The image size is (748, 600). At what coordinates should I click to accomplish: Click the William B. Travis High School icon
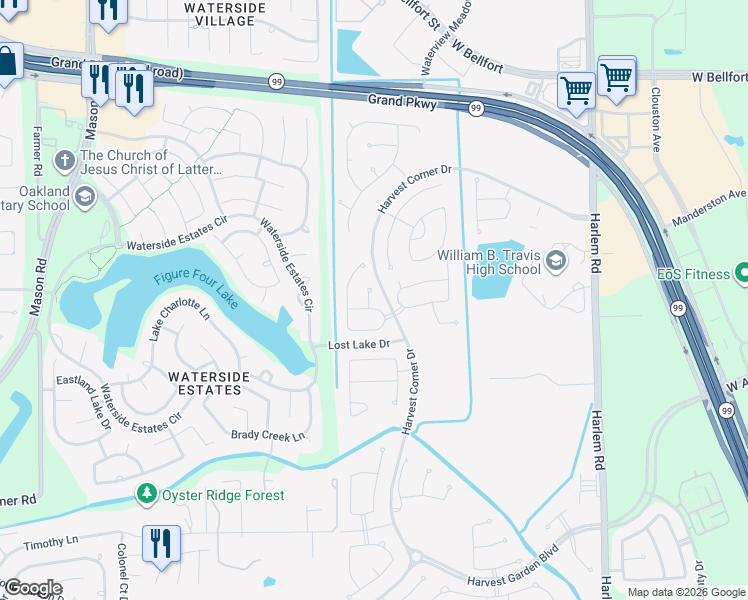(556, 262)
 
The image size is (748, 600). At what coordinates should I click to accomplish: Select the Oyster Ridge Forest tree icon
(147, 495)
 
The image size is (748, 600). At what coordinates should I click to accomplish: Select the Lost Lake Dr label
(358, 345)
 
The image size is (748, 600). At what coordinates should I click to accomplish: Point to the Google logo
(32, 588)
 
